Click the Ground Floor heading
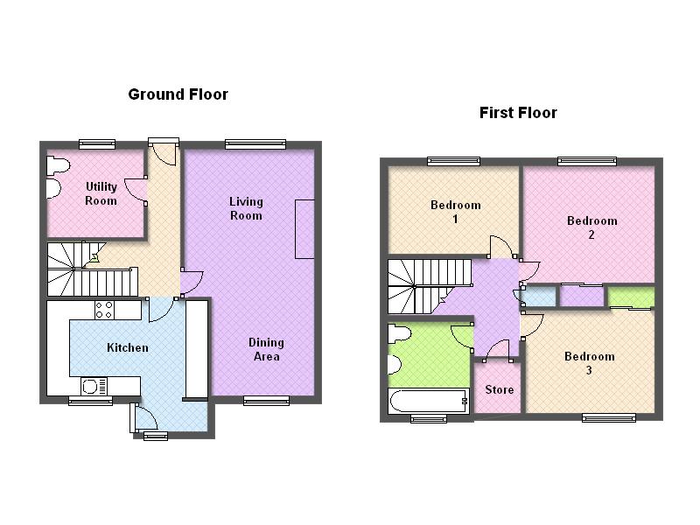178,94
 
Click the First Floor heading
518,113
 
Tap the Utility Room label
101,193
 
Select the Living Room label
246,208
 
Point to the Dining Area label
266,349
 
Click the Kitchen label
127,348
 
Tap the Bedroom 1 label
455,212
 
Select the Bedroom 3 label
589,363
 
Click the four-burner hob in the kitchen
104,309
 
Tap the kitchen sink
94,386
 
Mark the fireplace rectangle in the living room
304,228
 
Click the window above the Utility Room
96,144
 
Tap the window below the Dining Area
266,401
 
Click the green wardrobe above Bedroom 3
631,297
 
